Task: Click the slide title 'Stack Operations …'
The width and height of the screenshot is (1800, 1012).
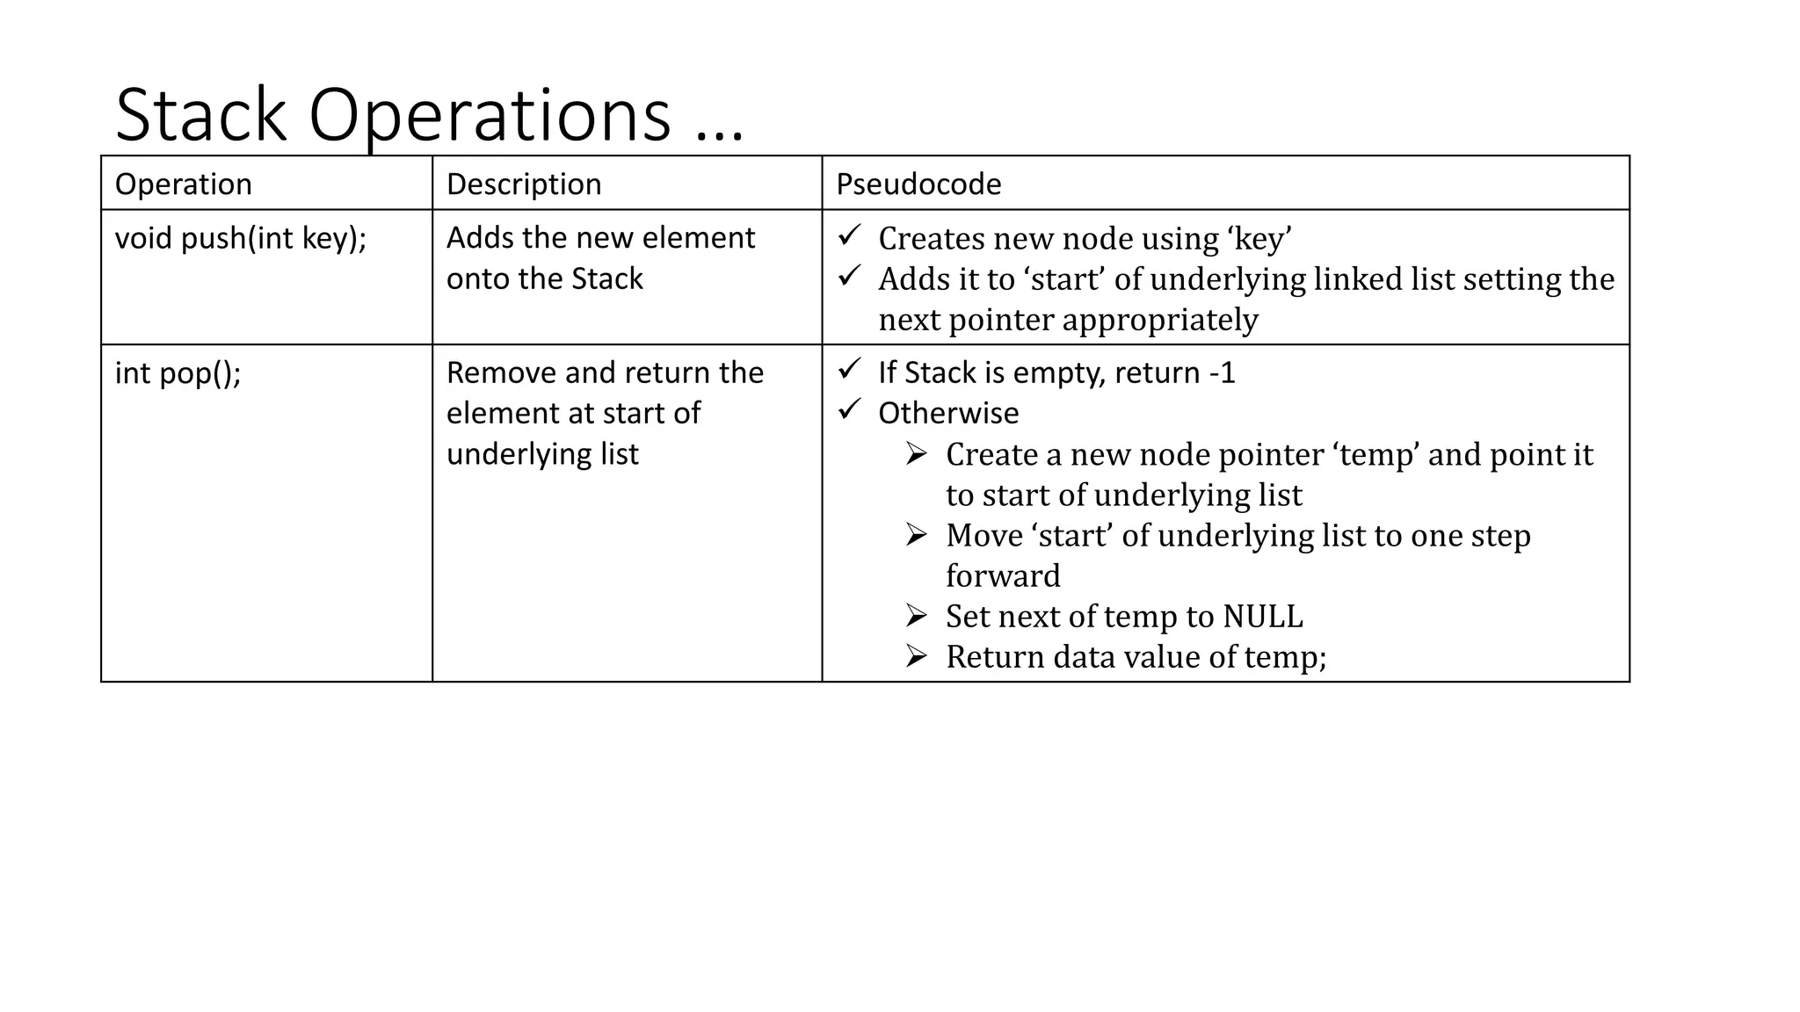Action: [429, 115]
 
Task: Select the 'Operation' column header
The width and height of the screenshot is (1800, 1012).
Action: [183, 184]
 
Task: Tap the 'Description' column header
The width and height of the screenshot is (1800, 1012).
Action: [524, 184]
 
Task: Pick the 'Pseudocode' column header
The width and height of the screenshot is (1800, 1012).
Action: [918, 184]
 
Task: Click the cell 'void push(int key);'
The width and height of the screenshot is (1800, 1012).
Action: [240, 238]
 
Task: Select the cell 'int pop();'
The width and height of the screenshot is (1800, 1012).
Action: [178, 373]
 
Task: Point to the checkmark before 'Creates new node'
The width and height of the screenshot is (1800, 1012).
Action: [849, 235]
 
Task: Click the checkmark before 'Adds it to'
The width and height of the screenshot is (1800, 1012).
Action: [849, 276]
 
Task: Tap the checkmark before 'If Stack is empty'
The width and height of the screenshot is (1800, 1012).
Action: [849, 370]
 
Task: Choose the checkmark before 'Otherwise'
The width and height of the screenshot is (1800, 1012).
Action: [849, 410]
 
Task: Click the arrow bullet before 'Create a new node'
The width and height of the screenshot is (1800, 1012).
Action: [917, 453]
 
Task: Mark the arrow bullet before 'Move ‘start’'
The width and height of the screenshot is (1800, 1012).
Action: [917, 534]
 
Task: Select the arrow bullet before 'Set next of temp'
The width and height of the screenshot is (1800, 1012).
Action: [917, 616]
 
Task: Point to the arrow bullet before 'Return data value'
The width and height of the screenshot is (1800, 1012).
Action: [917, 656]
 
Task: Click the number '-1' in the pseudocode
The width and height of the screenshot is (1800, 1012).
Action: [1223, 373]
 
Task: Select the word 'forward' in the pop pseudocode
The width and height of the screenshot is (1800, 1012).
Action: [1003, 576]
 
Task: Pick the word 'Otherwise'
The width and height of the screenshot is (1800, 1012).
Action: [948, 413]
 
